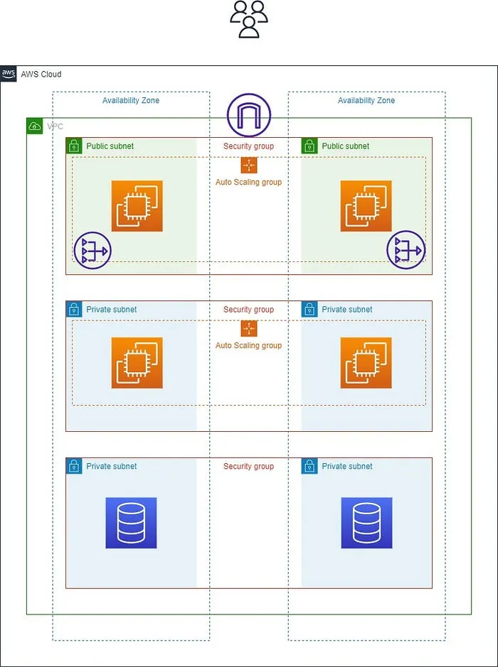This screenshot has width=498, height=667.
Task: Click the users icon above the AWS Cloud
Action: [248, 19]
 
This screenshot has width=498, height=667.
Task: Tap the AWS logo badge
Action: [9, 74]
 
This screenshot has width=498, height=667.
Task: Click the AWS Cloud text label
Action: [41, 75]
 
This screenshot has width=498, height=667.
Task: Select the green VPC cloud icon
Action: [34, 126]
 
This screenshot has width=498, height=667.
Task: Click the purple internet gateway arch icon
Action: [249, 114]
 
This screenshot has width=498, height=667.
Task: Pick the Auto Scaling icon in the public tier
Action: [248, 165]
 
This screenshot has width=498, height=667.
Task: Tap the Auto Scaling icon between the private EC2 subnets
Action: [248, 329]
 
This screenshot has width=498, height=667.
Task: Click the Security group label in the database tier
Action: [248, 467]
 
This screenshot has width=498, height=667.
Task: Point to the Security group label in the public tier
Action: [248, 146]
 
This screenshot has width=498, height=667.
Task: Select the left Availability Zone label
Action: [131, 101]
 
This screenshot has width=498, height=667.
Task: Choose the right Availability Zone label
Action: [366, 101]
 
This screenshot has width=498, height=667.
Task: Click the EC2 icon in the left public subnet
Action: [137, 206]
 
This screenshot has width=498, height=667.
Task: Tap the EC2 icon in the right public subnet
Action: [366, 206]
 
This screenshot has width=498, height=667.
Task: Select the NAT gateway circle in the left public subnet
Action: [92, 250]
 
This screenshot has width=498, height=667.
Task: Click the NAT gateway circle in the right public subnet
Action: [406, 250]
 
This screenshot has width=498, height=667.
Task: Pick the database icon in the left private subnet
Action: [131, 523]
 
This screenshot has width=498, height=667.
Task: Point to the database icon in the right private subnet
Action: [366, 523]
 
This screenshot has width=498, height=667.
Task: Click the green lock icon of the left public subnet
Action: [74, 146]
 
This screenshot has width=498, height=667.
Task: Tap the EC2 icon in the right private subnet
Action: [366, 363]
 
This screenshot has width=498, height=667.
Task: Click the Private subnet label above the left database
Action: [112, 467]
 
